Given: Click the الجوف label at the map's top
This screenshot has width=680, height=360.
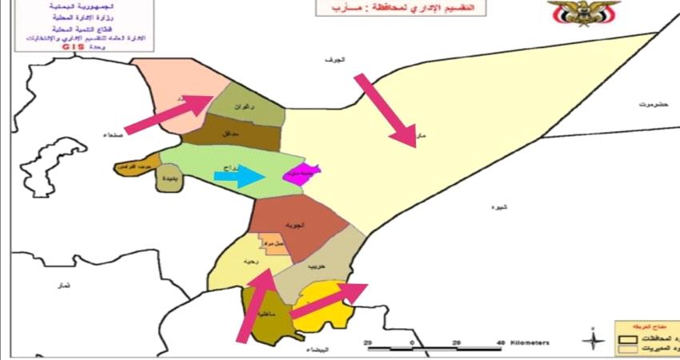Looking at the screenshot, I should [x=331, y=61].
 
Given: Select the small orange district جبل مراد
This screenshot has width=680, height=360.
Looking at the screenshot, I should [x=272, y=243].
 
